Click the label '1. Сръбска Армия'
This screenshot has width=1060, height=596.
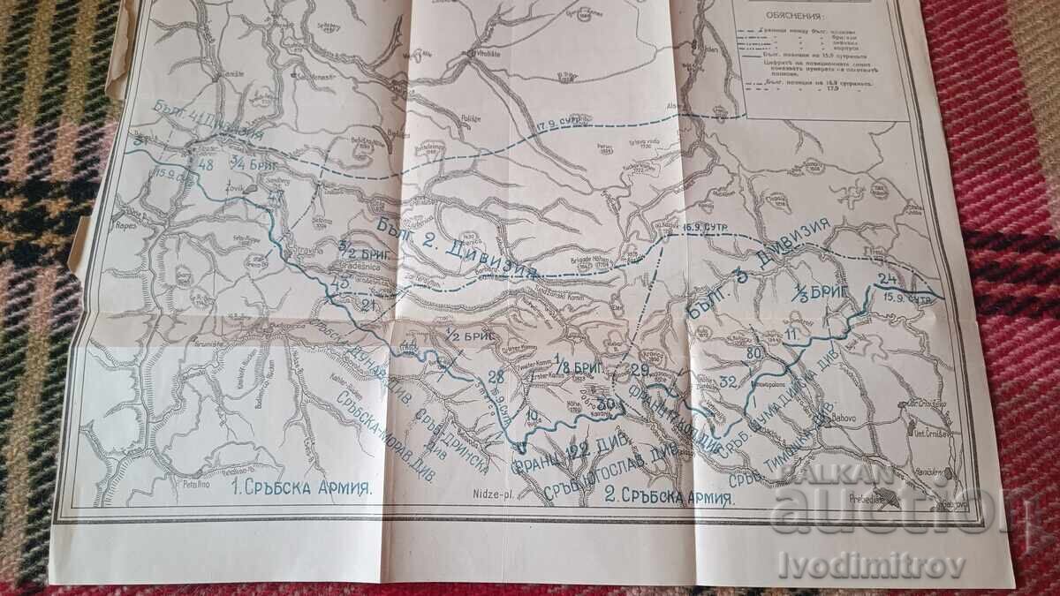click(x=302, y=487)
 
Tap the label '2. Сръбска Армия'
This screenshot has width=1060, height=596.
click(x=670, y=497)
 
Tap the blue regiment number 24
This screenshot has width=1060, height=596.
click(x=886, y=282)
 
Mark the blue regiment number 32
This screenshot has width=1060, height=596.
click(x=729, y=381)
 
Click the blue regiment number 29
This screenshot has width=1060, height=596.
click(x=640, y=368)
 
